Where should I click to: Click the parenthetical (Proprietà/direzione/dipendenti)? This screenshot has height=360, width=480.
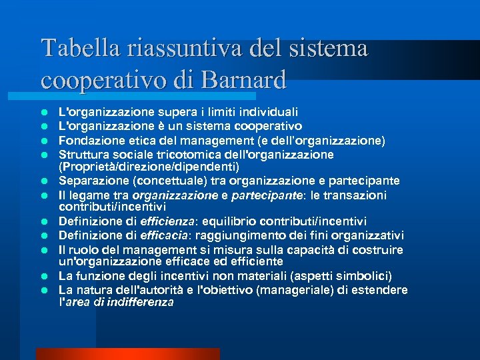point(149,166)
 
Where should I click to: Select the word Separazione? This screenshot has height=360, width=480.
point(89,181)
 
